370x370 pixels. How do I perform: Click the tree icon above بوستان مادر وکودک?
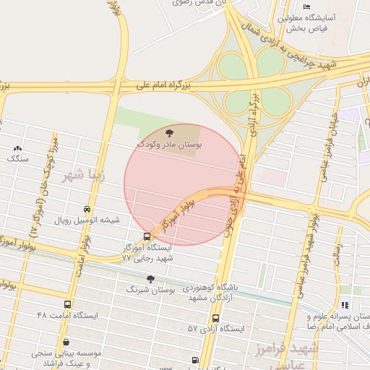coord(169,133)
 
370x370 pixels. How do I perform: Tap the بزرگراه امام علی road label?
coord(164,85)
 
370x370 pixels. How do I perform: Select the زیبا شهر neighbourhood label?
coord(85,175)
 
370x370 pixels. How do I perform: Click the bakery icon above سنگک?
coord(17,147)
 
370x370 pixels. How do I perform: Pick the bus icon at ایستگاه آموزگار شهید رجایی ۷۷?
coord(147,236)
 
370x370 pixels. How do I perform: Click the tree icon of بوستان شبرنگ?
coord(150,279)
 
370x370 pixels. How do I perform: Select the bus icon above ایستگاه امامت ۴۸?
coord(68,305)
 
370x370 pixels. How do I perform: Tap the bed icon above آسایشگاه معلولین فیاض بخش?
coord(306,7)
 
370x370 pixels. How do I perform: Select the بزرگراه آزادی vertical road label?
coord(254,113)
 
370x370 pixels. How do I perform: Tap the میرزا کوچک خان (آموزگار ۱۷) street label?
coord(42,188)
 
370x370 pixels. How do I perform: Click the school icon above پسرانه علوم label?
coord(345,306)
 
